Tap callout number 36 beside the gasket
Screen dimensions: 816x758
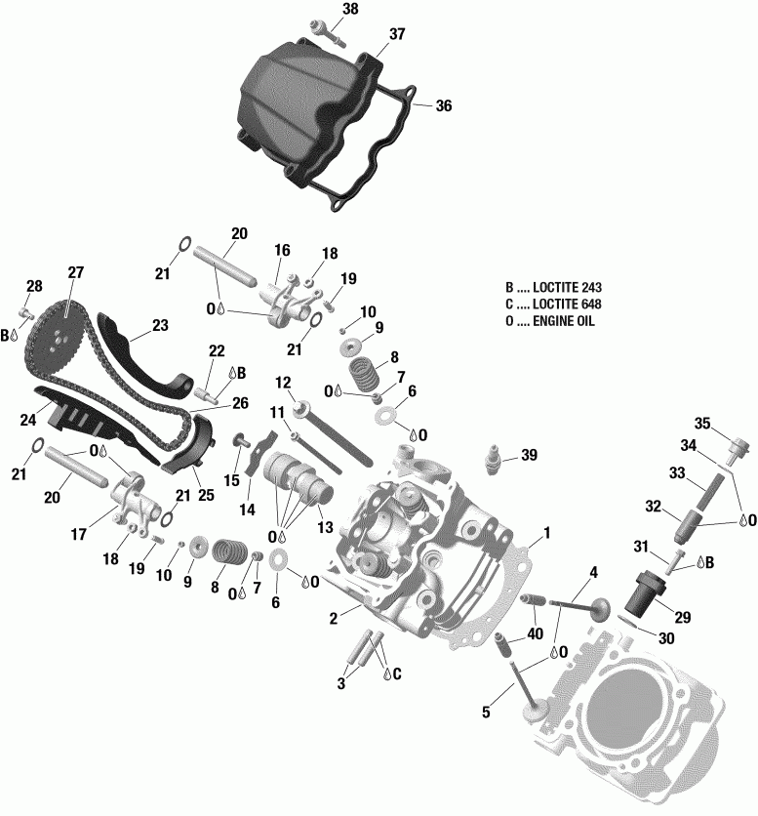pyautogui.click(x=444, y=105)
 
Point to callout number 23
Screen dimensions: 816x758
pyautogui.click(x=159, y=326)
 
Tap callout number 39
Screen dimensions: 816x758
pyautogui.click(x=529, y=455)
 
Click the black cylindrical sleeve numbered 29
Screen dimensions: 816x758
pyautogui.click(x=644, y=592)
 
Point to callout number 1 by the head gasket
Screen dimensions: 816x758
pyautogui.click(x=547, y=533)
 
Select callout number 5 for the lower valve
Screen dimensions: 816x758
pyautogui.click(x=486, y=713)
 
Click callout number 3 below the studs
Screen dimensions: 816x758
pyautogui.click(x=341, y=684)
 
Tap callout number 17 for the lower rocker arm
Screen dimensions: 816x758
pyautogui.click(x=78, y=534)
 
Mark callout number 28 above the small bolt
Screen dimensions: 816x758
pyautogui.click(x=34, y=286)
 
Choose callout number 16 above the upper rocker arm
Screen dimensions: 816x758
pyautogui.click(x=282, y=251)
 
